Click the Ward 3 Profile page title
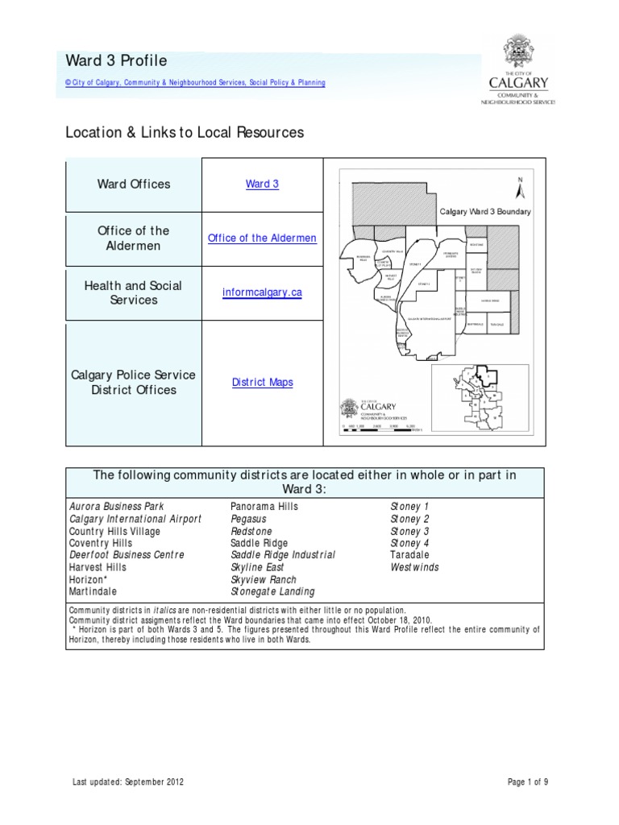[116, 61]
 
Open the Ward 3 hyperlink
[262, 184]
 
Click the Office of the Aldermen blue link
[262, 238]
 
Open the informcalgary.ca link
[262, 292]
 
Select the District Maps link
[262, 383]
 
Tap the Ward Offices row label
[134, 184]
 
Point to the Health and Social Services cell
[134, 292]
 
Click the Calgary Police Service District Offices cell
[134, 383]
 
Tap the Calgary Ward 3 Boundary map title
[484, 212]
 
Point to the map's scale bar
[378, 431]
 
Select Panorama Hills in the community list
[264, 507]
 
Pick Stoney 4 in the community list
[409, 543]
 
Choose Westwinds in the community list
[415, 567]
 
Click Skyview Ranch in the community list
[264, 579]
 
